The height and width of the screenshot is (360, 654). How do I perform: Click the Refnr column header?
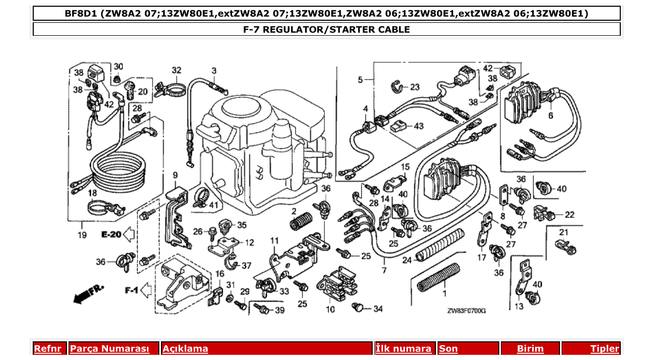tap(47, 349)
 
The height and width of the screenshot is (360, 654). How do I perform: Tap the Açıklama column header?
tap(185, 349)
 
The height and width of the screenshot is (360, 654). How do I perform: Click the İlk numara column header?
tap(403, 349)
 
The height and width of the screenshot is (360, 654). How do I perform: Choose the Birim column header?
tap(530, 349)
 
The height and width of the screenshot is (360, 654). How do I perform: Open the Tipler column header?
tap(605, 349)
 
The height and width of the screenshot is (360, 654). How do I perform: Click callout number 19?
tap(82, 235)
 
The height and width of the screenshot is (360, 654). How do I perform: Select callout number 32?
tap(176, 70)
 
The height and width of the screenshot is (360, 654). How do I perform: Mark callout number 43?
tap(418, 126)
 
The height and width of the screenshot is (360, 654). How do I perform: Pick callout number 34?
tap(377, 309)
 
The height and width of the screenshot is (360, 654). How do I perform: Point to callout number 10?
tap(330, 310)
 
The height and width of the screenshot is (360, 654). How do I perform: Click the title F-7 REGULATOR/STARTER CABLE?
tap(326, 29)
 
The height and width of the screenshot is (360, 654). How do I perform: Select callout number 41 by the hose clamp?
tap(213, 205)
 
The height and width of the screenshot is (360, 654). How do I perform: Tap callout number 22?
tap(569, 214)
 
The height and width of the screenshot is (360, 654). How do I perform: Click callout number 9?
tap(175, 175)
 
